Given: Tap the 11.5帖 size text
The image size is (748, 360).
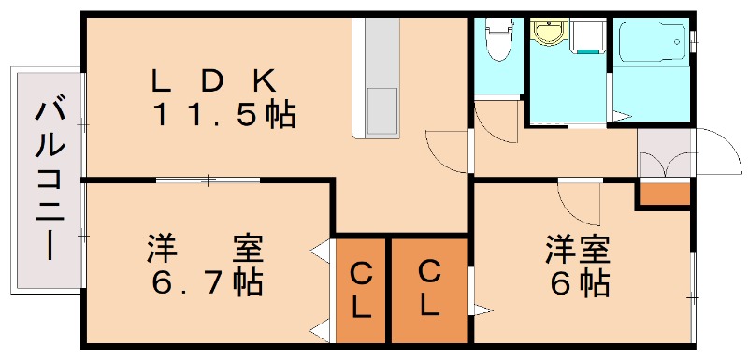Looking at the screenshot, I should (x=224, y=115).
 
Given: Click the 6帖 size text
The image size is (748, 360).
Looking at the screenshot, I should (x=580, y=281).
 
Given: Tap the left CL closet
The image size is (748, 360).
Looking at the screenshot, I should (x=361, y=288).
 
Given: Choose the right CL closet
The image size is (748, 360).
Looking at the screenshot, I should (x=428, y=288).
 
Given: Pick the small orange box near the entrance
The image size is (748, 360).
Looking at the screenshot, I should (x=664, y=194).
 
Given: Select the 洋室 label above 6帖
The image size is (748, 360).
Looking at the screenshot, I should (x=580, y=249).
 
